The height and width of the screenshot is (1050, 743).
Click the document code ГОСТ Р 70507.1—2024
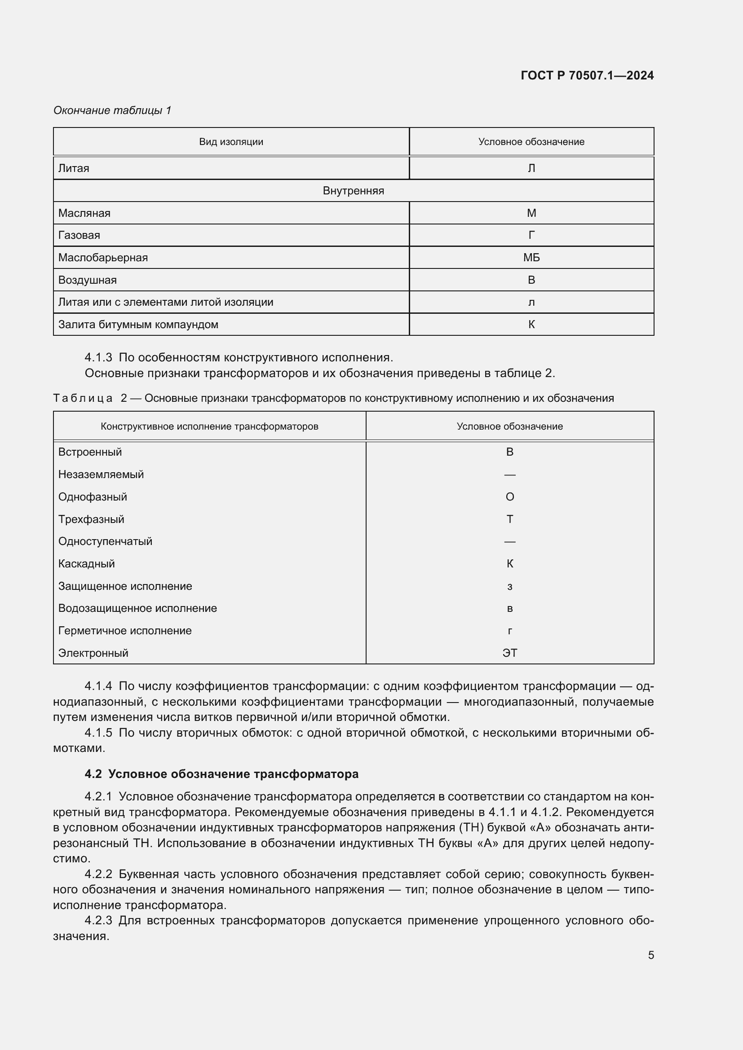587,75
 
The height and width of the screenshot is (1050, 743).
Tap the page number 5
650,955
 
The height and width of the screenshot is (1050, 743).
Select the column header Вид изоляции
231,142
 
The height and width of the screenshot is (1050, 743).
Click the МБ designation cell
531,258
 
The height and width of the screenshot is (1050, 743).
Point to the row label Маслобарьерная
103,258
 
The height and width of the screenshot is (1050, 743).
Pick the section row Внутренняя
353,191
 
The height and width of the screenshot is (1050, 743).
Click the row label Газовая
79,235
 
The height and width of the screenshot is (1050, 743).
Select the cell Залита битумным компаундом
138,325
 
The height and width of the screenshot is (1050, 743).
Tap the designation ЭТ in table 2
510,653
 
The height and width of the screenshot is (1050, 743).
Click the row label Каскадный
86,564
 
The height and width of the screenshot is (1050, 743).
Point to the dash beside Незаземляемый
510,474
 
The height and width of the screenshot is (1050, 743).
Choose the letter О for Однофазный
510,497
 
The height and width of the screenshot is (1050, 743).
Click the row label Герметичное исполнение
125,631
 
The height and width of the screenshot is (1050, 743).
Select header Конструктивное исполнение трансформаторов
209,426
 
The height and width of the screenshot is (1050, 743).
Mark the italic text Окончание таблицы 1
112,110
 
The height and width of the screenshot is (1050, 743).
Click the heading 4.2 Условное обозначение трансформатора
221,774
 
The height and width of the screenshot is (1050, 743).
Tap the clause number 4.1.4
98,686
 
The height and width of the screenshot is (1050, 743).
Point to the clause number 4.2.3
98,920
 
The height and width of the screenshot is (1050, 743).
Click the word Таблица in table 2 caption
83,398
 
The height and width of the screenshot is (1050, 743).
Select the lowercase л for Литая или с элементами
531,303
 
